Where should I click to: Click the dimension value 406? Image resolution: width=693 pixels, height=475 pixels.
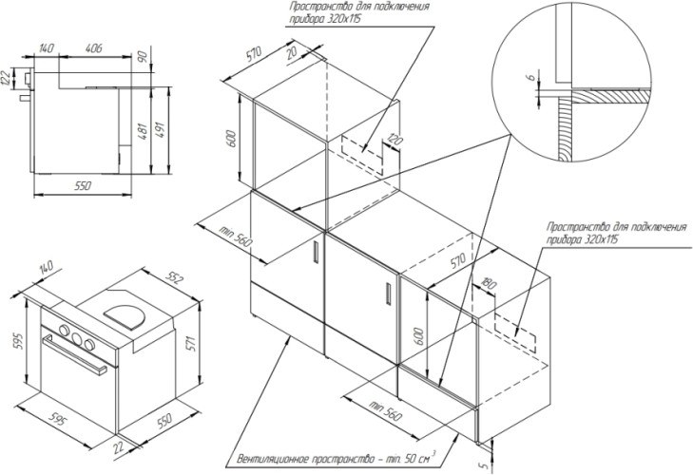tap(94, 47)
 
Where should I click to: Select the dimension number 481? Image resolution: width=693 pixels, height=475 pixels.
tap(141, 135)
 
